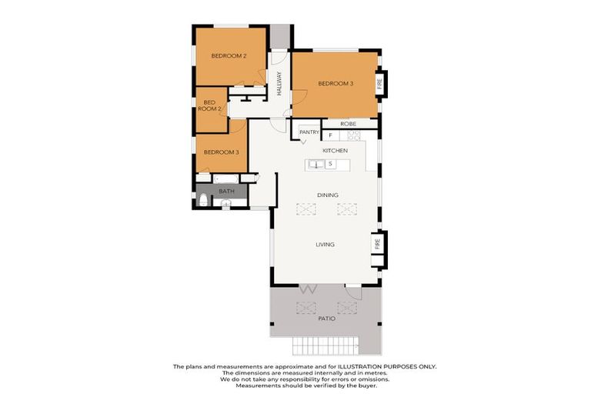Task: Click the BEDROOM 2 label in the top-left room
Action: tap(229, 56)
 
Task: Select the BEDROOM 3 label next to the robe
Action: tap(336, 83)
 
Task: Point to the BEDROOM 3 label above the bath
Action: tap(221, 152)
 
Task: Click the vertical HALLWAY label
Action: tap(279, 83)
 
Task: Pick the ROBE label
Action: tap(349, 123)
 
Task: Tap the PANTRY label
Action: tap(309, 132)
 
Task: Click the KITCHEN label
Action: tap(335, 150)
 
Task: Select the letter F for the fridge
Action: tap(330, 135)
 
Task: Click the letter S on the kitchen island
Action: tap(330, 164)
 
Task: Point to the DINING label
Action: tap(328, 195)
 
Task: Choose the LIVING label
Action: tap(325, 245)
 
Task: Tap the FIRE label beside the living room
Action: tap(378, 244)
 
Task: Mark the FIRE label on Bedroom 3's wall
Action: tap(379, 83)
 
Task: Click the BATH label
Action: tap(226, 191)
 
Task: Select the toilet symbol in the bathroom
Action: tap(203, 201)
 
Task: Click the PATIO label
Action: tap(326, 317)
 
